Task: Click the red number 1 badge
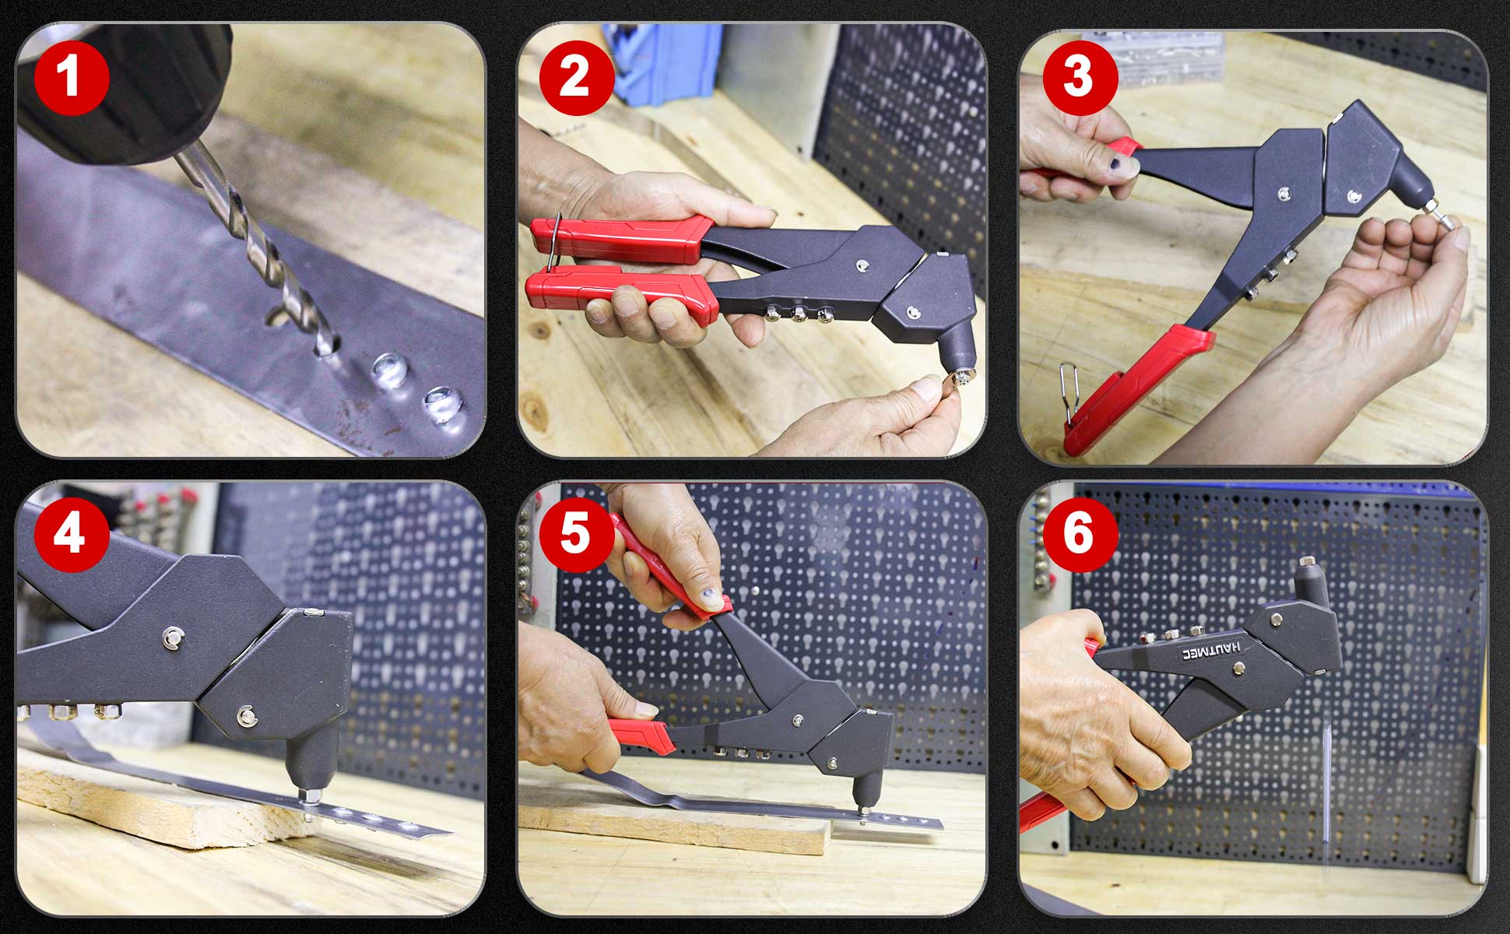coord(72,78)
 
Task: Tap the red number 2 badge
coord(575,78)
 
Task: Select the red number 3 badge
coord(1079,78)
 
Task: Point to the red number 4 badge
coord(72,535)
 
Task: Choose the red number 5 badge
coord(575,535)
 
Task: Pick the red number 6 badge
coord(1079,535)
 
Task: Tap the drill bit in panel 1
coord(257,249)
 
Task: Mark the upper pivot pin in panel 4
coord(172,639)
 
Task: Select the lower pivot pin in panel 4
coord(248,714)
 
